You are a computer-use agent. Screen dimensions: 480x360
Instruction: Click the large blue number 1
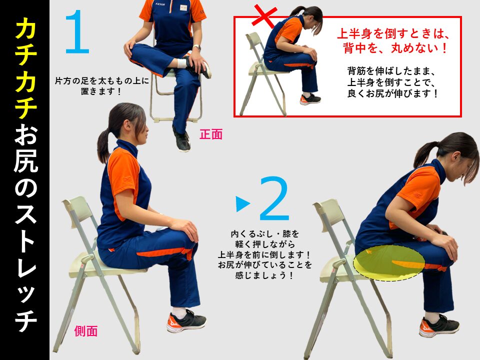tap(77, 32)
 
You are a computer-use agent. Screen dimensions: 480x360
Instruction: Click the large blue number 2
tap(274, 198)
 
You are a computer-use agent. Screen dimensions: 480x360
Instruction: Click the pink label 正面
tap(211, 134)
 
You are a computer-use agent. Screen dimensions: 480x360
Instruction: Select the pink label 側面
tap(85, 331)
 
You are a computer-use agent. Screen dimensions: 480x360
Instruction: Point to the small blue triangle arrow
tap(243, 204)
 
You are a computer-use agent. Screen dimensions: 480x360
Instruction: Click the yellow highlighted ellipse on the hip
tap(389, 263)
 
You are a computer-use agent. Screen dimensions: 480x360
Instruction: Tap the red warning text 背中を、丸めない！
tap(395, 48)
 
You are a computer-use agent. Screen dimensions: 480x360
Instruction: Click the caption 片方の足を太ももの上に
tap(102, 81)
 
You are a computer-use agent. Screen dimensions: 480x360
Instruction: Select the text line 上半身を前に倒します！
tap(264, 254)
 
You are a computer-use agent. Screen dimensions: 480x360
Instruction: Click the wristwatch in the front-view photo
tap(197, 48)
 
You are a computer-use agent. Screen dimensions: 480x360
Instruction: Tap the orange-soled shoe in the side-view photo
tap(186, 321)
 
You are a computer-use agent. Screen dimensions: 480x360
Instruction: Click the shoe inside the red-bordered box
tap(310, 99)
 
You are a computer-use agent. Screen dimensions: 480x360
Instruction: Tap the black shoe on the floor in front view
tap(182, 141)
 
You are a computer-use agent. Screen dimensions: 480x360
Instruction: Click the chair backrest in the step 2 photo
tap(328, 211)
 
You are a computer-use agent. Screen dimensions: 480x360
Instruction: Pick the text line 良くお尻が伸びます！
tap(393, 93)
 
